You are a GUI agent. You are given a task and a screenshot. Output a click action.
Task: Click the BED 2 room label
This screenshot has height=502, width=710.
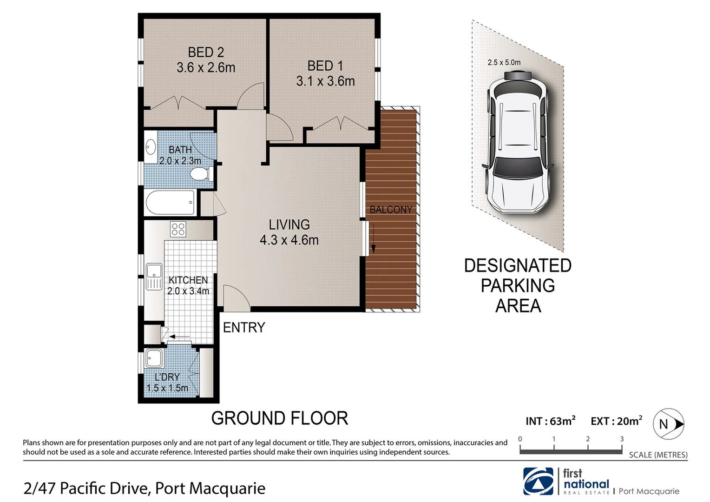(x=206, y=52)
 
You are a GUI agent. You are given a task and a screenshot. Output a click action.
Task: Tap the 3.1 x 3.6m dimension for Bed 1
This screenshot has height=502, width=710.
(x=325, y=81)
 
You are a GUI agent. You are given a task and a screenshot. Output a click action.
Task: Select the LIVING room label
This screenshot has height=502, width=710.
(x=289, y=225)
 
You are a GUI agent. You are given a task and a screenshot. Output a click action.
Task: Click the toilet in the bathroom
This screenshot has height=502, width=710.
(x=201, y=174)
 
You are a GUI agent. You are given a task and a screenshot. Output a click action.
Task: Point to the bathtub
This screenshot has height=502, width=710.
(x=170, y=203)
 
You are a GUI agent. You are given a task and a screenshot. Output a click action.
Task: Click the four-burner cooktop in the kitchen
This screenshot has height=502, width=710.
(x=178, y=229)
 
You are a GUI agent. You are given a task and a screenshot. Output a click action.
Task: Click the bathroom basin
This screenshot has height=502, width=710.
(x=151, y=147)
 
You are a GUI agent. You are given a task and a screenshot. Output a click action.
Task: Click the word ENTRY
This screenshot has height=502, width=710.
(x=244, y=328)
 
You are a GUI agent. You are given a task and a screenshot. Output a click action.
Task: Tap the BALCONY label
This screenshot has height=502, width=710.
(x=391, y=210)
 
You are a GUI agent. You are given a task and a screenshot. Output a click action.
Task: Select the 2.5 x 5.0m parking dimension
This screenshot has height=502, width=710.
(x=504, y=62)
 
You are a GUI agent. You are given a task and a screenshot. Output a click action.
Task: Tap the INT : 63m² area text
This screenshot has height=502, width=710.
(x=550, y=421)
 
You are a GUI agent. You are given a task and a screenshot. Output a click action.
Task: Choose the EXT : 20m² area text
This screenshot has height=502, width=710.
(x=616, y=421)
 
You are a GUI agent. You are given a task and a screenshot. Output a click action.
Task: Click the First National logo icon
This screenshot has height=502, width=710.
(x=538, y=482)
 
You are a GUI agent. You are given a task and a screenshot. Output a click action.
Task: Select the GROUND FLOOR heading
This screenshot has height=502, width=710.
(x=279, y=418)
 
